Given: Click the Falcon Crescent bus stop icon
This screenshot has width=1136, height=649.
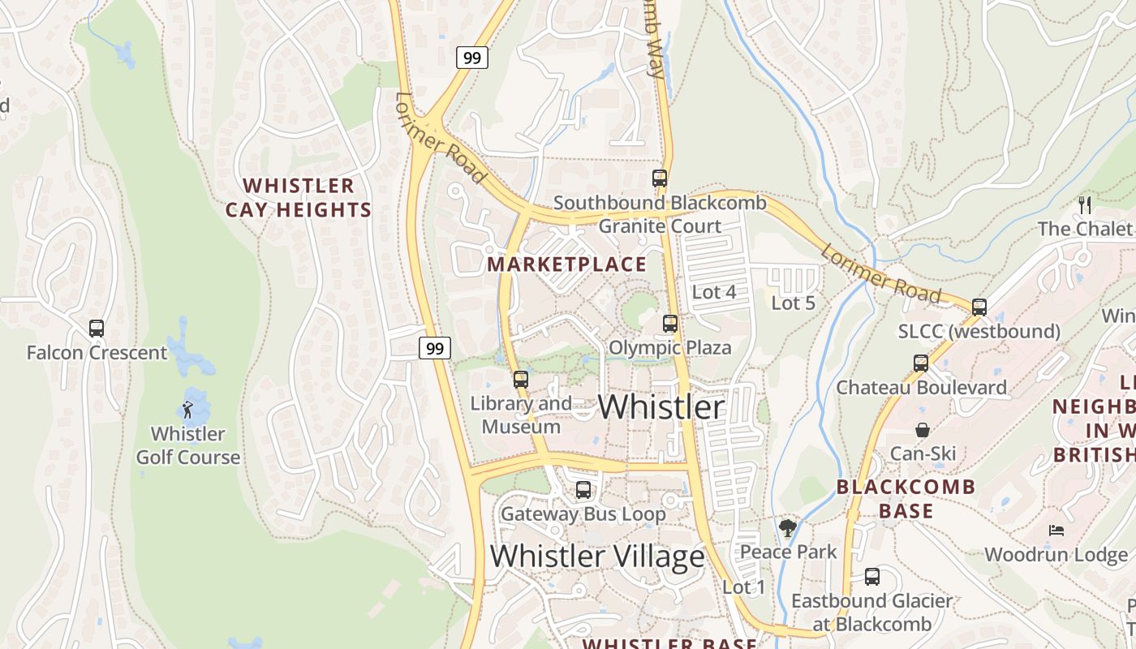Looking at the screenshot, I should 97,329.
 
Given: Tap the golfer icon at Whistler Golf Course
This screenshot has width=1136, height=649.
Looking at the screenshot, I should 187,410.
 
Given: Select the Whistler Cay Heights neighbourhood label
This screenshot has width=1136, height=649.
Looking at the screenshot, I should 298,198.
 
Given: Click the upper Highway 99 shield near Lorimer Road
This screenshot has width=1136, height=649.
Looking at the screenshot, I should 471,58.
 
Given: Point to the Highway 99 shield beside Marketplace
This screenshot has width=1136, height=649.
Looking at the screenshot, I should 435,348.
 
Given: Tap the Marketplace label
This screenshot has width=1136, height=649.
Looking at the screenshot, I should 566,264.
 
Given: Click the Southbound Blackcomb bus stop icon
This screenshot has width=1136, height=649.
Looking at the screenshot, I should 660,178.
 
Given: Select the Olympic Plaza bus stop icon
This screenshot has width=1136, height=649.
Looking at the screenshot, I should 670,324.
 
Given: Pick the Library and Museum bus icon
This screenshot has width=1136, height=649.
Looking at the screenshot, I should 521,379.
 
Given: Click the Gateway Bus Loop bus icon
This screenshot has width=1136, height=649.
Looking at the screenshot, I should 583,490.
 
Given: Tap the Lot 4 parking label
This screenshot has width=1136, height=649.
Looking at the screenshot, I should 714,292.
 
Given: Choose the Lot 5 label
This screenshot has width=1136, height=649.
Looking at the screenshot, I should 793,303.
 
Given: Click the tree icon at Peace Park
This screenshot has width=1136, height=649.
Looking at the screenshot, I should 787,529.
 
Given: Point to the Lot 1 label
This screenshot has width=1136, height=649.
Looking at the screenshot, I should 743,587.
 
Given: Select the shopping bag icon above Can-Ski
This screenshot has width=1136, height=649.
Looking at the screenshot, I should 923,429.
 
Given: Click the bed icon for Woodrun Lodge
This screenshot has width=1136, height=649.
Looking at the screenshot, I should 1056,531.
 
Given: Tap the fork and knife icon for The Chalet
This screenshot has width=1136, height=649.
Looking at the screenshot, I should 1085,204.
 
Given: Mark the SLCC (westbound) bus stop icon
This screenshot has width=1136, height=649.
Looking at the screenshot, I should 979,307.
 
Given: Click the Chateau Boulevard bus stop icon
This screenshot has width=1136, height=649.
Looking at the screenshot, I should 921,363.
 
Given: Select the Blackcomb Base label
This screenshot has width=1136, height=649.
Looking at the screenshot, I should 906,499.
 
